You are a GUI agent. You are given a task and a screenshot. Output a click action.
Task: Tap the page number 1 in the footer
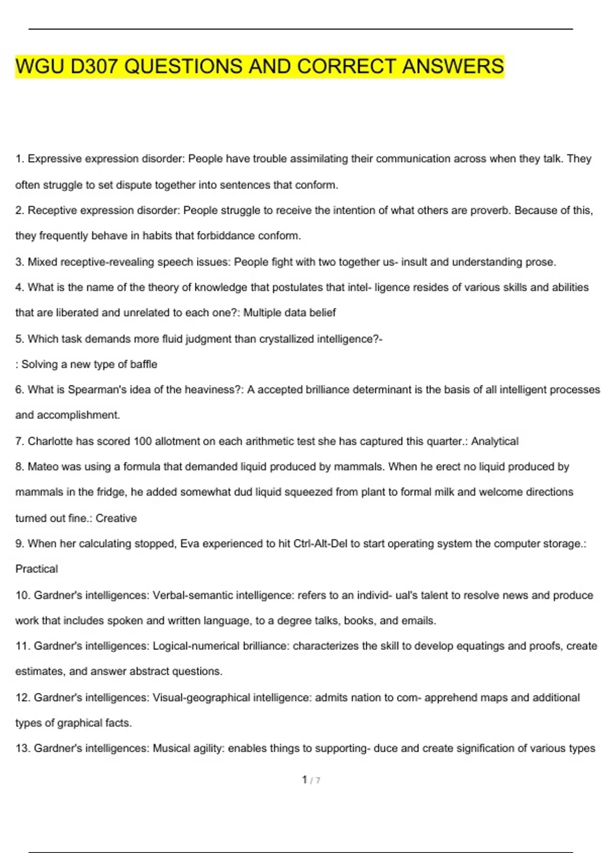pyautogui.click(x=305, y=779)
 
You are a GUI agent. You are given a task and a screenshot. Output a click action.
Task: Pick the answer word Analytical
pyautogui.click(x=495, y=441)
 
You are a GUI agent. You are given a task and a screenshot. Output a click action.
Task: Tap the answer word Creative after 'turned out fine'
pyautogui.click(x=116, y=518)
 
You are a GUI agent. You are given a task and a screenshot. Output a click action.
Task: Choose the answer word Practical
pyautogui.click(x=37, y=569)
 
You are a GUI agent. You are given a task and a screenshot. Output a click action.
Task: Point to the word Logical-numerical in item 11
pyautogui.click(x=196, y=646)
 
